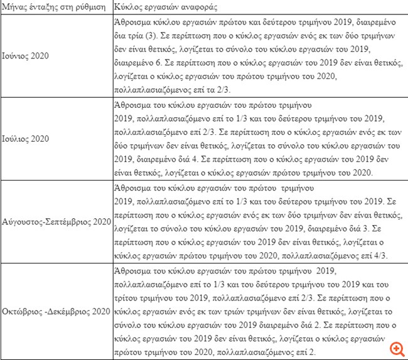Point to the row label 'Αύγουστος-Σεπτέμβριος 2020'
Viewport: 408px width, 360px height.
tap(56, 222)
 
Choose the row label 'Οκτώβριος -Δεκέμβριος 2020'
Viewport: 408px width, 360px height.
tap(56, 312)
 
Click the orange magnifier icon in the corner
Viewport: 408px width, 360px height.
tap(397, 349)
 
